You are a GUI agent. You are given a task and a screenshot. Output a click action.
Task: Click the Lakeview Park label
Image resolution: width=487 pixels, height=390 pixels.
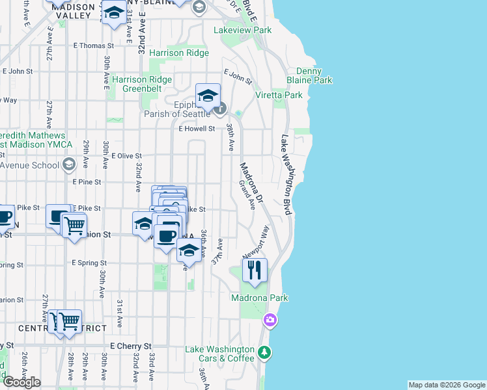pos(243,30)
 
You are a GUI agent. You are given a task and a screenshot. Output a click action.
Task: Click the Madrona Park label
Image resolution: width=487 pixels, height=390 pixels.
pos(260,298)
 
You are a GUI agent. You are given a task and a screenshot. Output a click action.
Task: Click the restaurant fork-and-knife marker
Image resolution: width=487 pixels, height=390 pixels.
pos(255,270)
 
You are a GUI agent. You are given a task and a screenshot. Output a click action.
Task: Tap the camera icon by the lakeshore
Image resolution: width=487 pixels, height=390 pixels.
pos(270,320)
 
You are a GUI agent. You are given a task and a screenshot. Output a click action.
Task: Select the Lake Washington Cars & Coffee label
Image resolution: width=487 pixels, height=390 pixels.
pos(219,354)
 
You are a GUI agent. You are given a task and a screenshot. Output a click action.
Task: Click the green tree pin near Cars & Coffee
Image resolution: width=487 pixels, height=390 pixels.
pos(264,352)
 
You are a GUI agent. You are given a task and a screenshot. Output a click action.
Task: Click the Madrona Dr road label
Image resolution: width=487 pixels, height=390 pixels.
pos(250,182)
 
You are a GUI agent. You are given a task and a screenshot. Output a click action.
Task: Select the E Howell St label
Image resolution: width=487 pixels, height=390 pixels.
pos(197,129)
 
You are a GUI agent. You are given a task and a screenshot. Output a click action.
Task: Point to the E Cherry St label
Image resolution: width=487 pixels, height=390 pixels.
pos(130,346)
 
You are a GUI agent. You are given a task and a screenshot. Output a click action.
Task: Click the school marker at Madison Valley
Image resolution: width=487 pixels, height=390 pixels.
pos(114,13)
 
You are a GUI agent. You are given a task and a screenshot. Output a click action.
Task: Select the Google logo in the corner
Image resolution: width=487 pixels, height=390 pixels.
pos(21,382)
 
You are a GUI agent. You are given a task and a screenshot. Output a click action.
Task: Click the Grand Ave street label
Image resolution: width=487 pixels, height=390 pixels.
pos(246,195)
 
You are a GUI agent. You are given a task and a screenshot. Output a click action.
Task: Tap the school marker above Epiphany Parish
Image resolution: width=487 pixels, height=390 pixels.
pos(208,96)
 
